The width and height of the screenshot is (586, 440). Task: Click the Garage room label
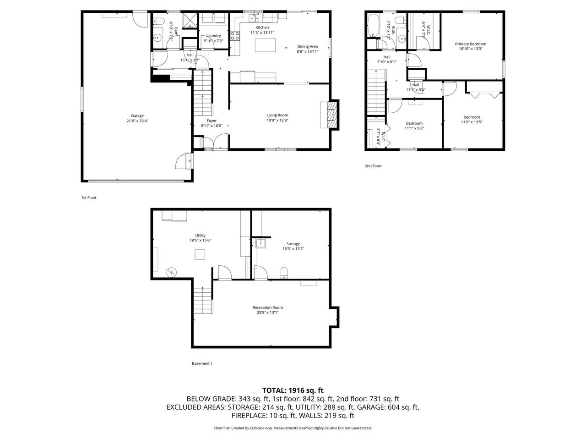(x=137, y=115)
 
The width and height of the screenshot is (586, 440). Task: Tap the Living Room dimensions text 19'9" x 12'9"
(x=277, y=121)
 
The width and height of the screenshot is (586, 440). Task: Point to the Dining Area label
(x=307, y=46)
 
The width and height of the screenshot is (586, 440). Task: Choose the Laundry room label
(x=213, y=36)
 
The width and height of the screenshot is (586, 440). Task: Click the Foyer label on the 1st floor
(x=212, y=121)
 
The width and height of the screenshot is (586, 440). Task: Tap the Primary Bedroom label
(x=470, y=44)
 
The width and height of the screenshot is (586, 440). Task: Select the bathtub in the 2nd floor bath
(x=373, y=26)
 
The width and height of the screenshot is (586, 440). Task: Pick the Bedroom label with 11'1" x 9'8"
(x=414, y=123)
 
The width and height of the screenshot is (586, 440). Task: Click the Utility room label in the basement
(x=200, y=235)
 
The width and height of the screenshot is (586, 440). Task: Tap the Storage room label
(x=293, y=244)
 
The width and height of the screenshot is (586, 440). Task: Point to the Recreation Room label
(x=267, y=308)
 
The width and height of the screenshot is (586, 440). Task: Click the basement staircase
(x=203, y=301)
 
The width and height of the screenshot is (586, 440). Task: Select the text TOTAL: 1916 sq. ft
(x=293, y=390)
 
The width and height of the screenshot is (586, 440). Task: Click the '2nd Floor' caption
(x=373, y=166)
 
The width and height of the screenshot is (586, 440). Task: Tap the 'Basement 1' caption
(x=202, y=363)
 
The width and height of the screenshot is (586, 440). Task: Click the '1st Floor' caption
(x=89, y=198)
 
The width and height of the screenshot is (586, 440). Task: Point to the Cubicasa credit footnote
(x=293, y=428)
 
